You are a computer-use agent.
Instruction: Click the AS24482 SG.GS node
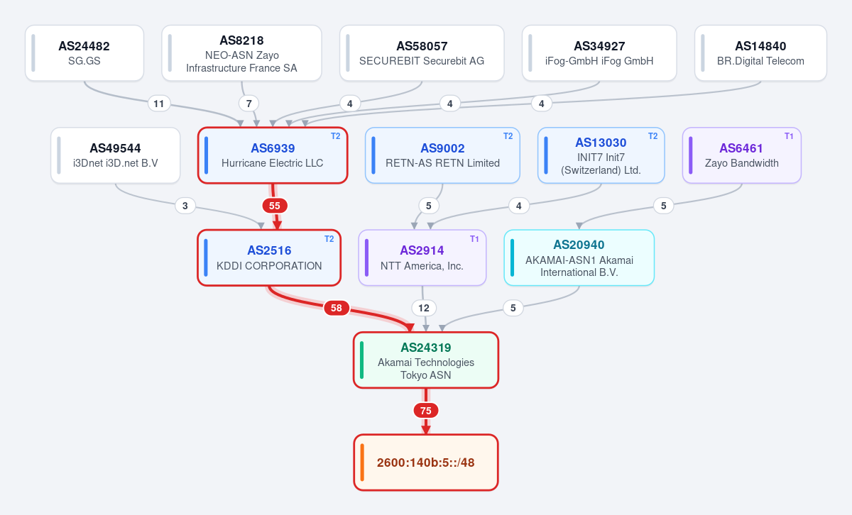tap(84, 53)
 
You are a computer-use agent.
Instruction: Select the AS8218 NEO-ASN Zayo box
tap(241, 53)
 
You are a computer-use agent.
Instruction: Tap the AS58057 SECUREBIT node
tap(422, 53)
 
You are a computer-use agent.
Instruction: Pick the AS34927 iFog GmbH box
tap(599, 53)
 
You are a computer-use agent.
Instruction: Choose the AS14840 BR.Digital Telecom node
tap(760, 53)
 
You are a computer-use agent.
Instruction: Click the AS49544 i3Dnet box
tap(115, 155)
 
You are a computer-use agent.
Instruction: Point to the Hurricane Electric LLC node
tap(273, 155)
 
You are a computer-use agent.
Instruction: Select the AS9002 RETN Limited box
tap(442, 155)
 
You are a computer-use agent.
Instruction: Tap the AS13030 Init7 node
tap(601, 155)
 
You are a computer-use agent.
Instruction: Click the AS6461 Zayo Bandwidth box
tap(742, 155)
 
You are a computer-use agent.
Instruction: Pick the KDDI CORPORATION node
tap(269, 257)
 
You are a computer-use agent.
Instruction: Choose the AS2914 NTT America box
tap(422, 257)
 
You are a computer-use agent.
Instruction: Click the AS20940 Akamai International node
tap(579, 257)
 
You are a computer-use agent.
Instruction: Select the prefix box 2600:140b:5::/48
tap(426, 463)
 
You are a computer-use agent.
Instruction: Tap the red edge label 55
tap(275, 206)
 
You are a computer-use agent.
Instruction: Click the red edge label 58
tap(337, 308)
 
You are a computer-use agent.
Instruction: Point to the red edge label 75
tap(426, 411)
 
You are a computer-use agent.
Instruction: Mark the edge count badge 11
tap(158, 104)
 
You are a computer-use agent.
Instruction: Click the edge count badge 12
tap(424, 308)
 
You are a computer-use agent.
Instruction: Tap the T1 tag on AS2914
tap(474, 239)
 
